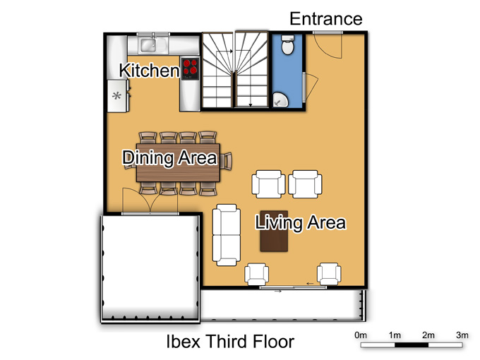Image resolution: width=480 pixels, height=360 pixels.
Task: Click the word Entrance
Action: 326,19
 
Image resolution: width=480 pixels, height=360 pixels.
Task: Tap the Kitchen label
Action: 150,71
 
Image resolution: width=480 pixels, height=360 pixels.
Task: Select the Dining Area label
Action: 169,157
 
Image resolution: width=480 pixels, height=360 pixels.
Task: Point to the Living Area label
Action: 301,222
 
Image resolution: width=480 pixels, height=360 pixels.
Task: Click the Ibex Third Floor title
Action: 230,342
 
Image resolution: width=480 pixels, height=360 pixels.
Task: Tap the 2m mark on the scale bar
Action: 428,335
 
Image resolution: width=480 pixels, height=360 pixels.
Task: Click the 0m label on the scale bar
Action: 361,335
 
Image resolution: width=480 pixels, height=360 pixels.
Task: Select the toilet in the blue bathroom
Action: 287,45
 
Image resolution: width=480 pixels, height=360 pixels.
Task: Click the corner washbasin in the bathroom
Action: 280,100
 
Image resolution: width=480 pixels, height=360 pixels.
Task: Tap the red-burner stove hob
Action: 190,69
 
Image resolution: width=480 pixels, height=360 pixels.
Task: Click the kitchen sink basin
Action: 148,45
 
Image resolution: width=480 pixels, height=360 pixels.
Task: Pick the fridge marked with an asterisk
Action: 116,96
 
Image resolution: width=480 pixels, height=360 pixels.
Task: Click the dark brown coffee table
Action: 274,231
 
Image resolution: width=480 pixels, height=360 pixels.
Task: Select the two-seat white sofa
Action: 226,235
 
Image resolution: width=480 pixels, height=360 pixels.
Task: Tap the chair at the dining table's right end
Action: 227,161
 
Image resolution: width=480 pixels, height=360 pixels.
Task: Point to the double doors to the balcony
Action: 150,200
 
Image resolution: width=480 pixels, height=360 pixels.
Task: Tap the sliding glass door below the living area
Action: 293,287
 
